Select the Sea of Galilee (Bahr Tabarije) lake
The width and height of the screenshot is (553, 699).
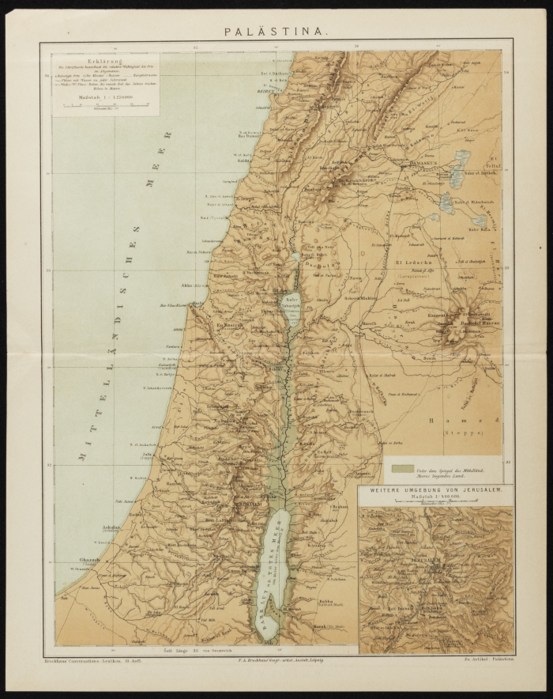tap(292, 306)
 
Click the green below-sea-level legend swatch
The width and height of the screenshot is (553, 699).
tap(404, 470)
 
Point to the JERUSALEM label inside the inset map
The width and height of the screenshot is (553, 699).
tap(431, 569)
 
